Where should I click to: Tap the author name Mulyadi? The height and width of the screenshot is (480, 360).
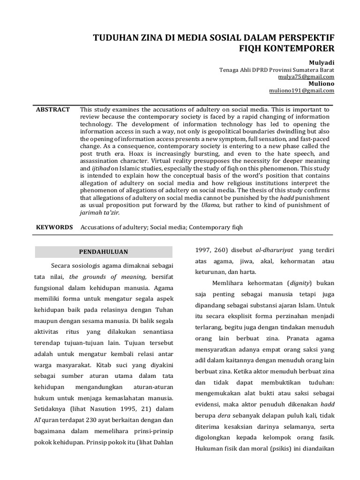click(321, 62)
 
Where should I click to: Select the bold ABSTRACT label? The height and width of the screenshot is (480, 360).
click(53, 109)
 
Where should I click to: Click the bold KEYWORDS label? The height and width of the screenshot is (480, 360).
click(54, 227)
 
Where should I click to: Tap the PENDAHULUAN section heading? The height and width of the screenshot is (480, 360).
click(104, 252)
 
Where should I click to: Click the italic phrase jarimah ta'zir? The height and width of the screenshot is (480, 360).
click(100, 212)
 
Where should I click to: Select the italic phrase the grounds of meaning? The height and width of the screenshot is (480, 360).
click(107, 277)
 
